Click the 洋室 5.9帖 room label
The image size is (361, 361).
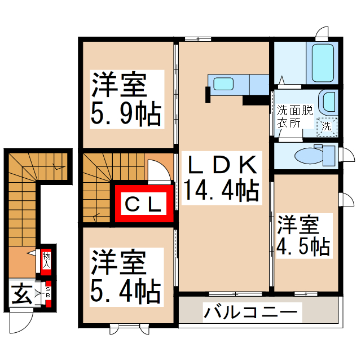(x=126, y=99)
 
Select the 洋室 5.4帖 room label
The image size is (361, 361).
(x=125, y=276)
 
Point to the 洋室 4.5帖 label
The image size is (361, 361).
(x=302, y=236)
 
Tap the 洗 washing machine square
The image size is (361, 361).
(x=327, y=126)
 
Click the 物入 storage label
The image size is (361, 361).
(x=47, y=259)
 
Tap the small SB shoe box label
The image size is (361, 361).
(x=48, y=293)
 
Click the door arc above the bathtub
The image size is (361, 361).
(x=322, y=32)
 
